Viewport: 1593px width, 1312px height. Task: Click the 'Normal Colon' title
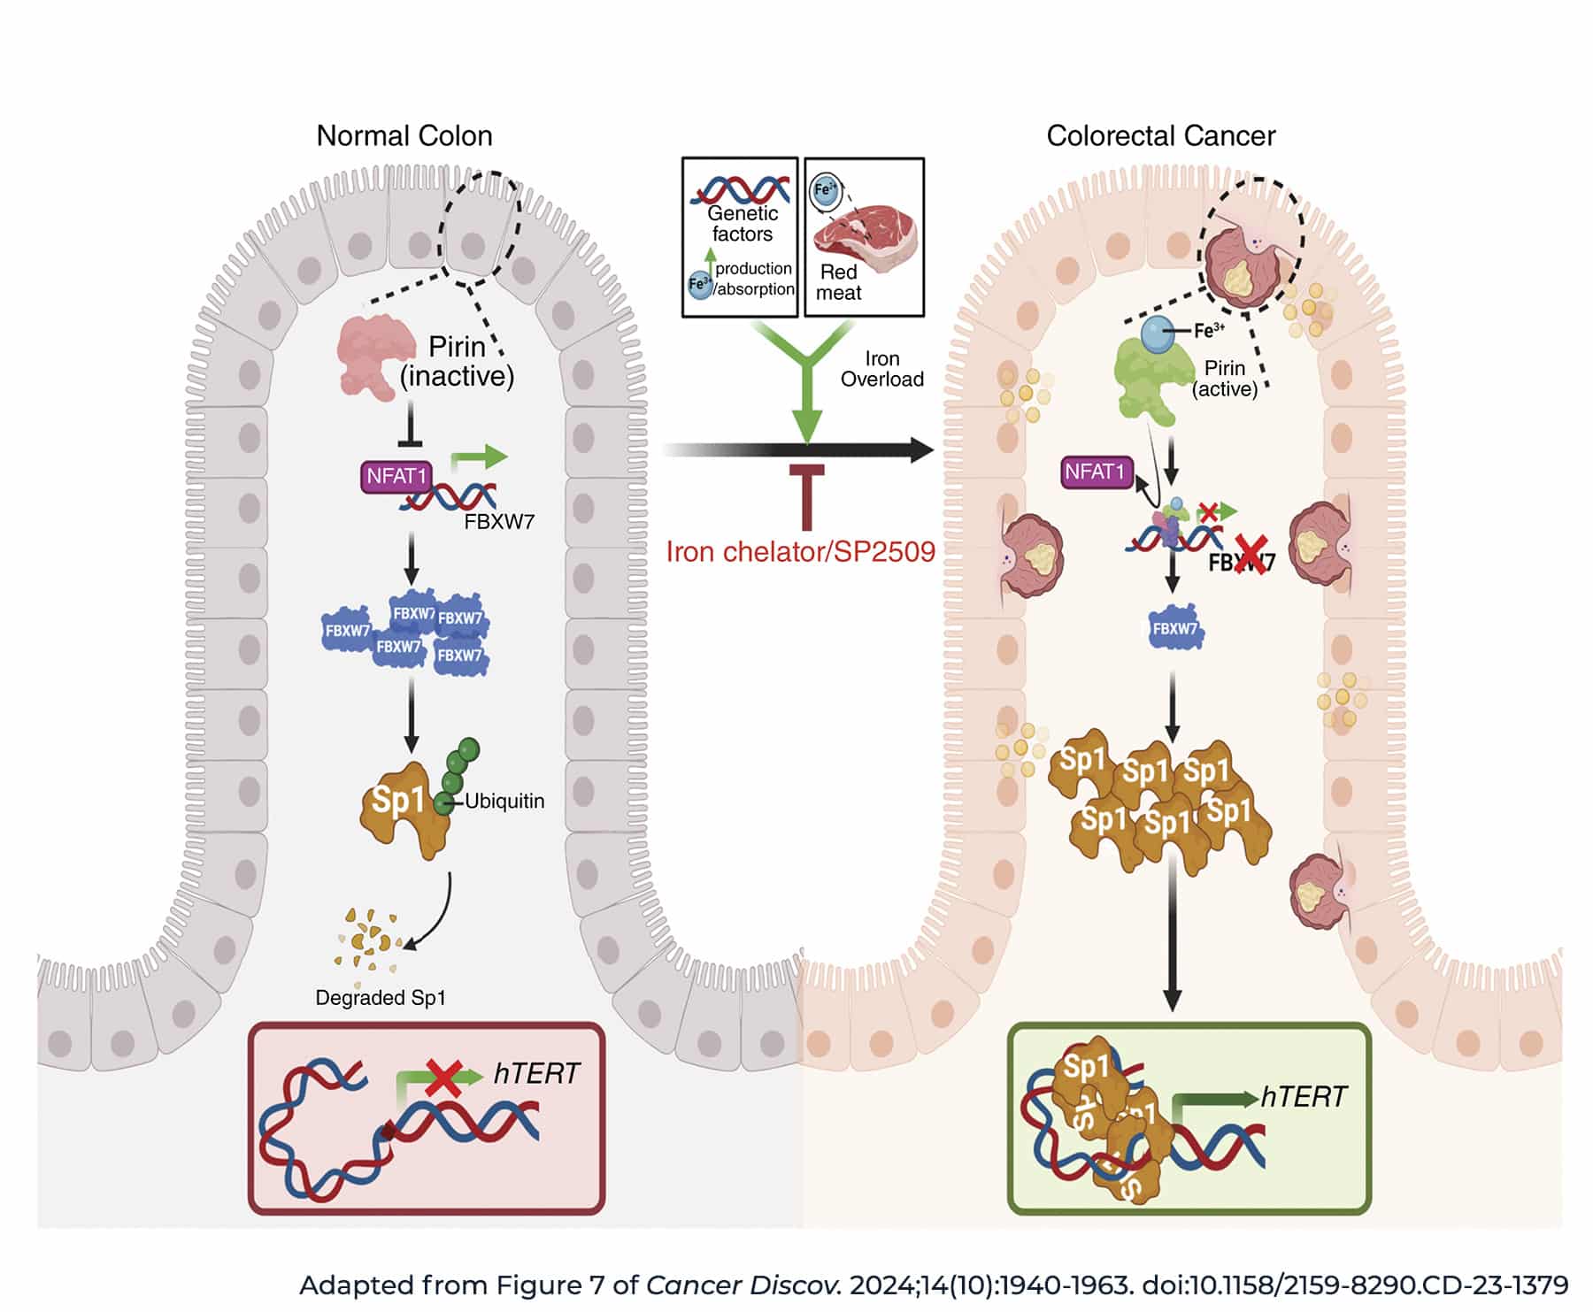coord(404,136)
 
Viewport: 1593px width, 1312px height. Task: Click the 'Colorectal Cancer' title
coord(1160,136)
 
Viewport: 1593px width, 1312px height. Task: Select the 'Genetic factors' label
coord(742,224)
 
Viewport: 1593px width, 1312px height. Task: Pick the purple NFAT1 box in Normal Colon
coord(396,477)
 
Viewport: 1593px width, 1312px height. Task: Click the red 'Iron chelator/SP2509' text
coord(800,552)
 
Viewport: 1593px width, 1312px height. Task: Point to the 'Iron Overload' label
coord(881,369)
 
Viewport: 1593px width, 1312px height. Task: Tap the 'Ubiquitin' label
coord(504,802)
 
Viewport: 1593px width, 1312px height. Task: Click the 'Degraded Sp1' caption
coord(381,998)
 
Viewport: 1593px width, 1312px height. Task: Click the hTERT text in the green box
coord(1303,1097)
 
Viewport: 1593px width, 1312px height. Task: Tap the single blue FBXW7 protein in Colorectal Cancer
coord(1175,628)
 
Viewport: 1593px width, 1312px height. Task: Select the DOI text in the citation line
coord(1355,1285)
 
